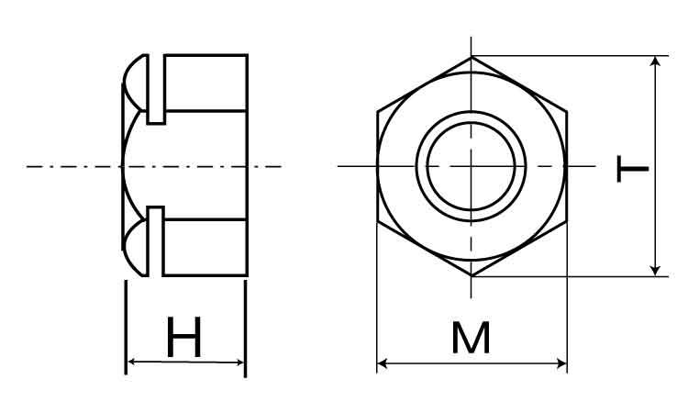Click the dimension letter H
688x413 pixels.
point(184,337)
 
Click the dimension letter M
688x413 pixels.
point(471,338)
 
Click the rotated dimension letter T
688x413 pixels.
point(632,168)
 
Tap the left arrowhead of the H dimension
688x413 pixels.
point(130,362)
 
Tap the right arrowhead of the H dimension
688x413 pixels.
point(240,363)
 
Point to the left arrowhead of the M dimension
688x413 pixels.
point(382,363)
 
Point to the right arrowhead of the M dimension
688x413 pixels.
point(562,363)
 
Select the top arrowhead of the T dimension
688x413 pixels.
point(655,61)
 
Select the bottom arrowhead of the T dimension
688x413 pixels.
point(655,271)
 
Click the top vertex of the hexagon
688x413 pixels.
point(472,57)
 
